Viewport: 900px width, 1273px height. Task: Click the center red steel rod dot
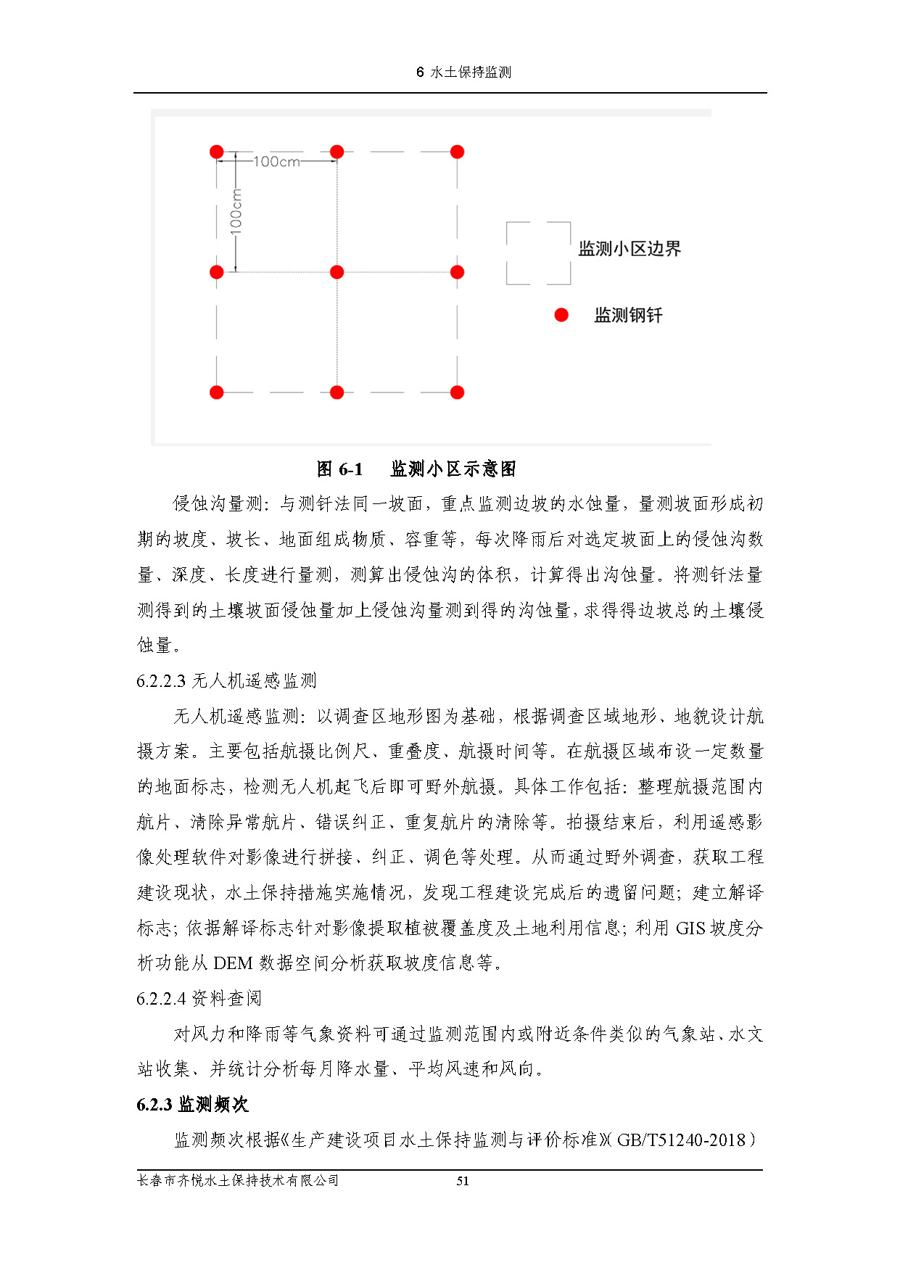point(337,272)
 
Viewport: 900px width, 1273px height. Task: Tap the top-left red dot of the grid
point(217,152)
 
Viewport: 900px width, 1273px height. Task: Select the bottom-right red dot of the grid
point(457,392)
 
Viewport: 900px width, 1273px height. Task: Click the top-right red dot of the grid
point(457,152)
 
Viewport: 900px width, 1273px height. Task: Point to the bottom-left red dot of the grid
point(217,392)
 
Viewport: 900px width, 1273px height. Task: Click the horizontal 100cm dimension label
point(276,162)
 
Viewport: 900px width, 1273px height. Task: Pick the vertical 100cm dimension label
point(236,211)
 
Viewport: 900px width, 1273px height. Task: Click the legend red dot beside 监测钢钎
point(561,315)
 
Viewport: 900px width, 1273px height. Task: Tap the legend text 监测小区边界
point(629,249)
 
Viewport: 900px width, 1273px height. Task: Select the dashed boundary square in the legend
point(538,253)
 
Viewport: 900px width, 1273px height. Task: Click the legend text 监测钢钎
point(628,316)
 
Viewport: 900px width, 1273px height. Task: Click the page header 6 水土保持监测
point(463,73)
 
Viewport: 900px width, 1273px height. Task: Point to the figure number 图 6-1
point(339,469)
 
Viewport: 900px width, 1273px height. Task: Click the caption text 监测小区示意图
point(453,469)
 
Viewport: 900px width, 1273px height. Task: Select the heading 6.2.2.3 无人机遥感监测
point(226,681)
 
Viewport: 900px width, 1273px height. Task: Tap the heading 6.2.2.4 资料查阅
point(199,999)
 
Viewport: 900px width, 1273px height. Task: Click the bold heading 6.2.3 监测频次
point(192,1105)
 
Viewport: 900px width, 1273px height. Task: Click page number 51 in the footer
point(463,1181)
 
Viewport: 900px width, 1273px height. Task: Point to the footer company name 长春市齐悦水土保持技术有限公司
point(238,1181)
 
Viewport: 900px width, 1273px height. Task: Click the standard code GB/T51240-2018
point(681,1140)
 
